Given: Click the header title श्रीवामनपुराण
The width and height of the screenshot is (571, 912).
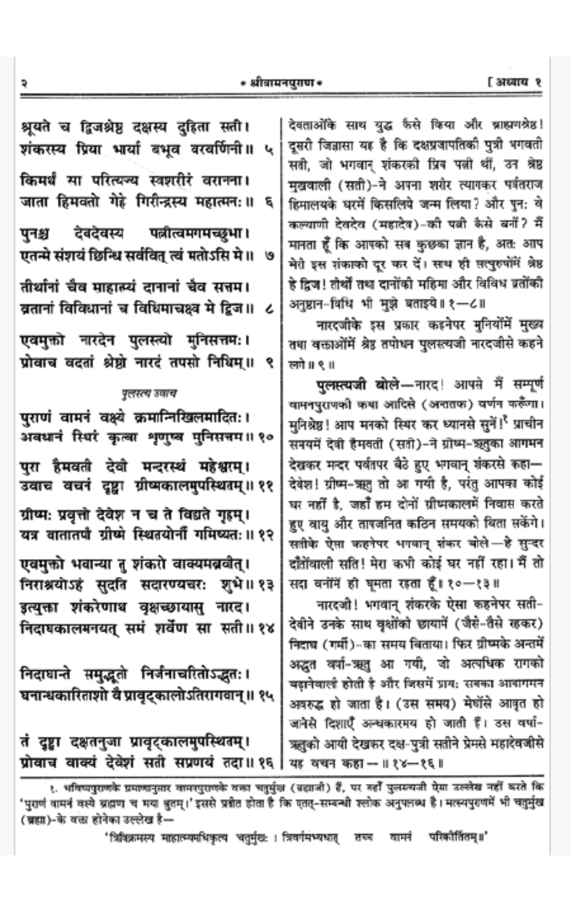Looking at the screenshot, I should [x=281, y=83].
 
